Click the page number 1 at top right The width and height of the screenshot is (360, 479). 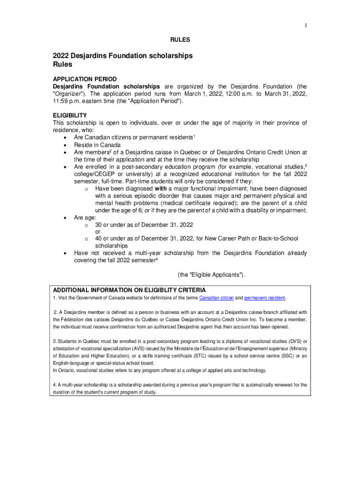306,25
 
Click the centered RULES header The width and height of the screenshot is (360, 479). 180,40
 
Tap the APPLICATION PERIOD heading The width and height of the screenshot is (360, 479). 85,79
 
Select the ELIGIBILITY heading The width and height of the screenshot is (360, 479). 70,115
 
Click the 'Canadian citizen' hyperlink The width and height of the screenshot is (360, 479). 216,298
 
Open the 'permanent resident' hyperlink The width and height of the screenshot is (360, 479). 265,298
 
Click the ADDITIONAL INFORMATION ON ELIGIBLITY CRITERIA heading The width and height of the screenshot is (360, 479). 129,290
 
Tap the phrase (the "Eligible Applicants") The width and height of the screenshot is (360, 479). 211,275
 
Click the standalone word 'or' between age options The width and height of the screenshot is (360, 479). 98,232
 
